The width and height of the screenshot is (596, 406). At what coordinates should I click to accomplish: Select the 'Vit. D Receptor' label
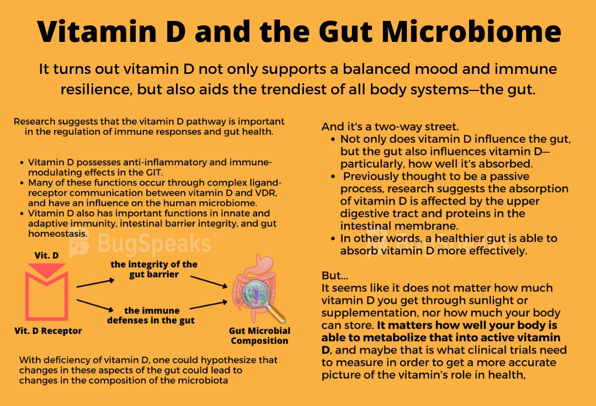point(49,331)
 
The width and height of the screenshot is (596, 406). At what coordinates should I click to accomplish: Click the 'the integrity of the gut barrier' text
point(154,269)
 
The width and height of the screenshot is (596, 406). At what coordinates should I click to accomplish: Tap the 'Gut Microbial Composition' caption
point(259,336)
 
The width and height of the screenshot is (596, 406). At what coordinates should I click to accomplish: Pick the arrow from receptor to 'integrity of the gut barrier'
point(95,283)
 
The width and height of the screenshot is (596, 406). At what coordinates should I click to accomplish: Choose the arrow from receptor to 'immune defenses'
point(95,306)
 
